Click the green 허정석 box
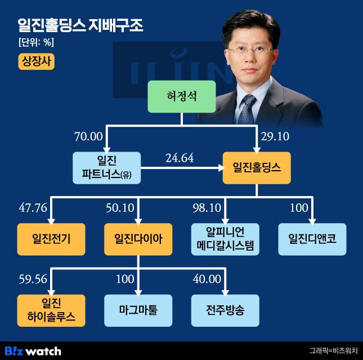pos(182,96)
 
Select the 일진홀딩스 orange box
pos(257,168)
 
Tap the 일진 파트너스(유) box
pos(106,168)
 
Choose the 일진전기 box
pos(51,239)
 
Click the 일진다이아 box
pos(138,239)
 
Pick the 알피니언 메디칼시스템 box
pos(225,239)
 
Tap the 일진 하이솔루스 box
pos(51,310)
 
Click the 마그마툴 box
pos(138,310)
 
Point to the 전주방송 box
pos(225,310)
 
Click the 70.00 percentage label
pos(88,136)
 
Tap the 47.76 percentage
pos(33,208)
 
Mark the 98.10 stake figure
pos(206,208)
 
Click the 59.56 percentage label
pos(33,279)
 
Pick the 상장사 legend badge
pos(37,61)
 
